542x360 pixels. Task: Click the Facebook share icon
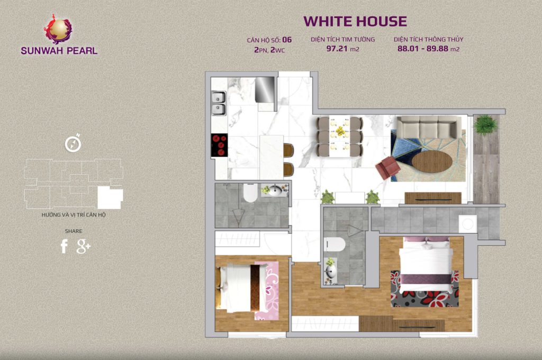pyautogui.click(x=64, y=246)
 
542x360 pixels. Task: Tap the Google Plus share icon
pyautogui.click(x=83, y=246)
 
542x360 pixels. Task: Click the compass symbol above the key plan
pyautogui.click(x=73, y=143)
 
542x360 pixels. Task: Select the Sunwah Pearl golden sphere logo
pyautogui.click(x=58, y=29)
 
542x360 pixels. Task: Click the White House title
pyautogui.click(x=355, y=21)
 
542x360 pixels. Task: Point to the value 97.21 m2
pyautogui.click(x=342, y=49)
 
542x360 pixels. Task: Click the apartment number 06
pyautogui.click(x=287, y=40)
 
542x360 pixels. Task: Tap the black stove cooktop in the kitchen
pyautogui.click(x=219, y=145)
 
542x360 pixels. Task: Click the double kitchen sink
pyautogui.click(x=219, y=103)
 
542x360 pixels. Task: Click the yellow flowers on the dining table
pyautogui.click(x=340, y=131)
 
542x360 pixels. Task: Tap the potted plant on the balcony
pyautogui.click(x=486, y=124)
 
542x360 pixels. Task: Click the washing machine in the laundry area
pyautogui.click(x=468, y=224)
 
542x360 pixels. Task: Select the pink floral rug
pyautogui.click(x=267, y=291)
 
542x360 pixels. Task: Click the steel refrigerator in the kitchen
pyautogui.click(x=265, y=89)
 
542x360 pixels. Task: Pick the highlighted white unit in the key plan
pyautogui.click(x=110, y=197)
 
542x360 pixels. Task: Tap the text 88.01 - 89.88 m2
pyautogui.click(x=428, y=49)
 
